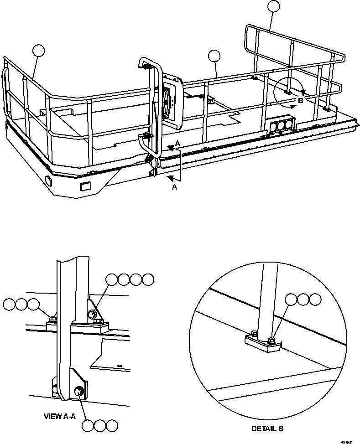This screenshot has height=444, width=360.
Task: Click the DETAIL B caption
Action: pyautogui.click(x=267, y=429)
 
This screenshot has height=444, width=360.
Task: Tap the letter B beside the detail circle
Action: pyautogui.click(x=300, y=101)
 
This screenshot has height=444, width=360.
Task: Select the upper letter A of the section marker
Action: pyautogui.click(x=177, y=143)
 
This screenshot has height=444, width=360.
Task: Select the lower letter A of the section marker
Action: pyautogui.click(x=174, y=187)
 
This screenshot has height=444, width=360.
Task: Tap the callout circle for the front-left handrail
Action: pyautogui.click(x=39, y=51)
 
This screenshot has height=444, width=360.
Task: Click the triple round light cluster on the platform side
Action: pyautogui.click(x=282, y=126)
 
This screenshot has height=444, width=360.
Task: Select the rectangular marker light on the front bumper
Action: pyautogui.click(x=85, y=186)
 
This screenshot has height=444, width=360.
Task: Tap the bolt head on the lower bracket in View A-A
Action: pyautogui.click(x=78, y=391)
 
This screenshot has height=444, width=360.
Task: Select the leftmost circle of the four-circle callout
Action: pyautogui.click(x=112, y=279)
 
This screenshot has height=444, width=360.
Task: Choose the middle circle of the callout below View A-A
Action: pyautogui.click(x=100, y=426)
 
